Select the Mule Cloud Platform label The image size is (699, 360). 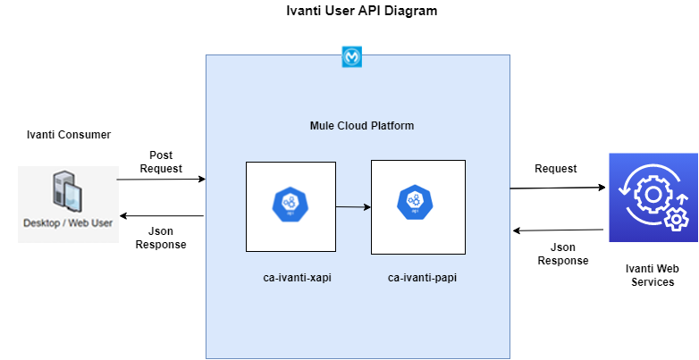356,126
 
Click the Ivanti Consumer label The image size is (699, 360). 69,135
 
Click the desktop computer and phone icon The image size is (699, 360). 68,191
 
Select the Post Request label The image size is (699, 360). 161,162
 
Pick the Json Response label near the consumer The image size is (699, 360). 161,238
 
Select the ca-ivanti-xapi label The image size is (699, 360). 291,278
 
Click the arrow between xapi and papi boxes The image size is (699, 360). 353,207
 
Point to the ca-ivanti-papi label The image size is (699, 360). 418,278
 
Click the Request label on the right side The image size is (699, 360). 555,168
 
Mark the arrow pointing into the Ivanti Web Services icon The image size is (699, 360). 559,188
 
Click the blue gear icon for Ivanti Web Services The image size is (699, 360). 652,196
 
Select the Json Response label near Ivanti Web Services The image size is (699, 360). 563,254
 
